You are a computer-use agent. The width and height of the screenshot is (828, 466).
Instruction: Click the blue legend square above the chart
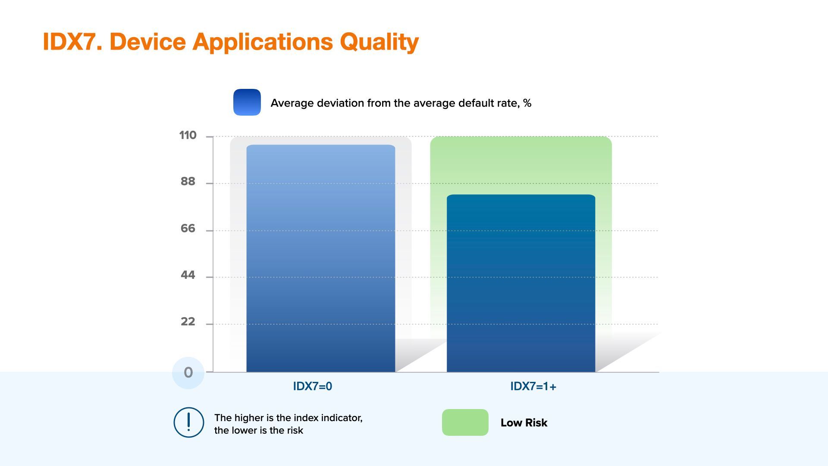(247, 102)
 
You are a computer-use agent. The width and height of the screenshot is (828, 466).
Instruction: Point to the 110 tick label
(188, 135)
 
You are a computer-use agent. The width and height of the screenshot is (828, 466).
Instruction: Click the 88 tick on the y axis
(188, 182)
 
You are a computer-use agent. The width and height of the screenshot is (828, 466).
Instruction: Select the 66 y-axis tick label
(188, 228)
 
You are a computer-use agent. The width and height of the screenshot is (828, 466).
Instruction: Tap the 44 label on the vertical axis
(188, 275)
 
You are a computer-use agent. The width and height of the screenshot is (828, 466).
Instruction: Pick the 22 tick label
(188, 321)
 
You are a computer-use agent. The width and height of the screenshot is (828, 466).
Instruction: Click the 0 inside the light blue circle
(188, 372)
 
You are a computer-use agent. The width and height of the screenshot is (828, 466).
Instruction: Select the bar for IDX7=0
(321, 258)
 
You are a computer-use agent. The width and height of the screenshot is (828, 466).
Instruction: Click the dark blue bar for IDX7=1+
(521, 283)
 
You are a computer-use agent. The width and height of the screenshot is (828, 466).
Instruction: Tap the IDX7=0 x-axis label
(313, 386)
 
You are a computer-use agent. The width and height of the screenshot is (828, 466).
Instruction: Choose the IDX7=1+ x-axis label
(533, 386)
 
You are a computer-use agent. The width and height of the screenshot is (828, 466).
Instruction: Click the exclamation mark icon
(188, 422)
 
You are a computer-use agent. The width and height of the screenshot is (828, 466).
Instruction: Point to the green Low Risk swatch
(465, 422)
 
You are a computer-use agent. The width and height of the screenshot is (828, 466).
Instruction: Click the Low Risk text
(524, 423)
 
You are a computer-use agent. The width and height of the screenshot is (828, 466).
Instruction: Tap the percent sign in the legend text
(527, 103)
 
